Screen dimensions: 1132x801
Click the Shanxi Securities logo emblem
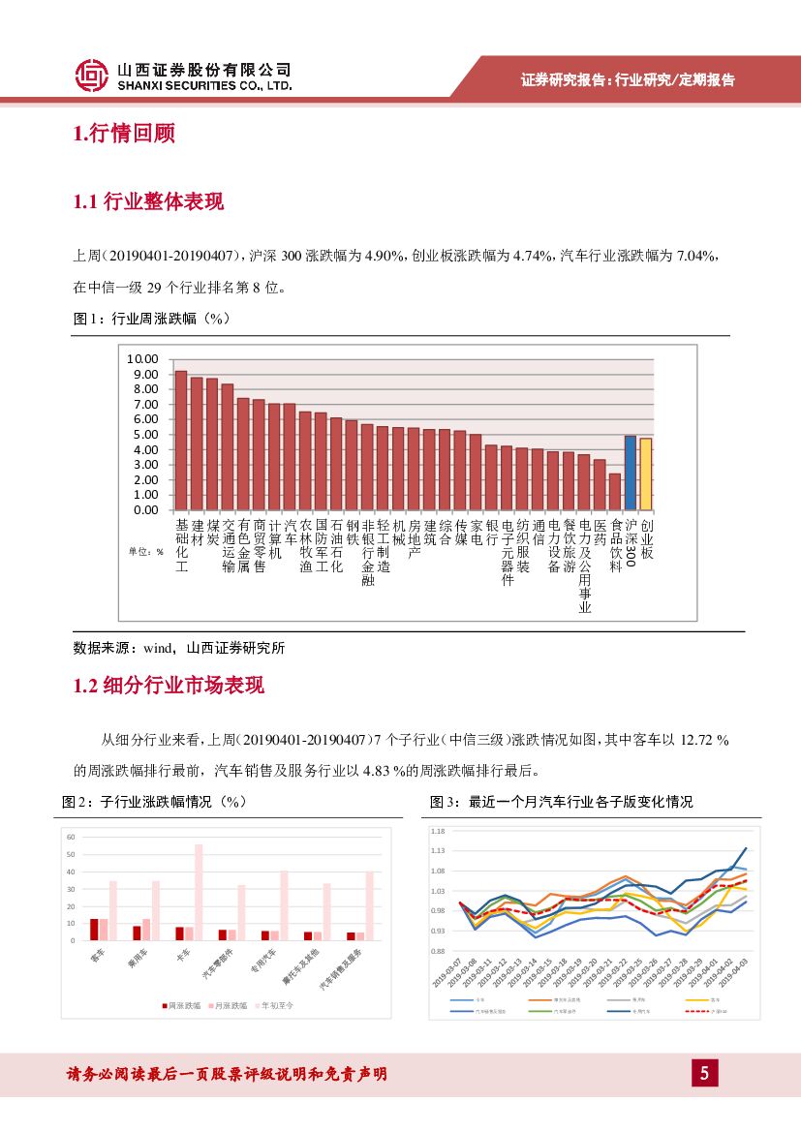[x=91, y=76]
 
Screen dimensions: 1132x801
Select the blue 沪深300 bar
[x=630, y=473]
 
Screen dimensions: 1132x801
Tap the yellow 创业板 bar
[x=645, y=474]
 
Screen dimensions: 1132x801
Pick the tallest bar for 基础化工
[x=180, y=440]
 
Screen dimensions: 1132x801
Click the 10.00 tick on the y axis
[x=142, y=358]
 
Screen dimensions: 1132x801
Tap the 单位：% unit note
[x=145, y=551]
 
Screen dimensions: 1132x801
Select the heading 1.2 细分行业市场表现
[x=169, y=687]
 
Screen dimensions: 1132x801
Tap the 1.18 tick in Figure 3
[x=437, y=831]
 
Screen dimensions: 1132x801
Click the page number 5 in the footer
[x=704, y=1073]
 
